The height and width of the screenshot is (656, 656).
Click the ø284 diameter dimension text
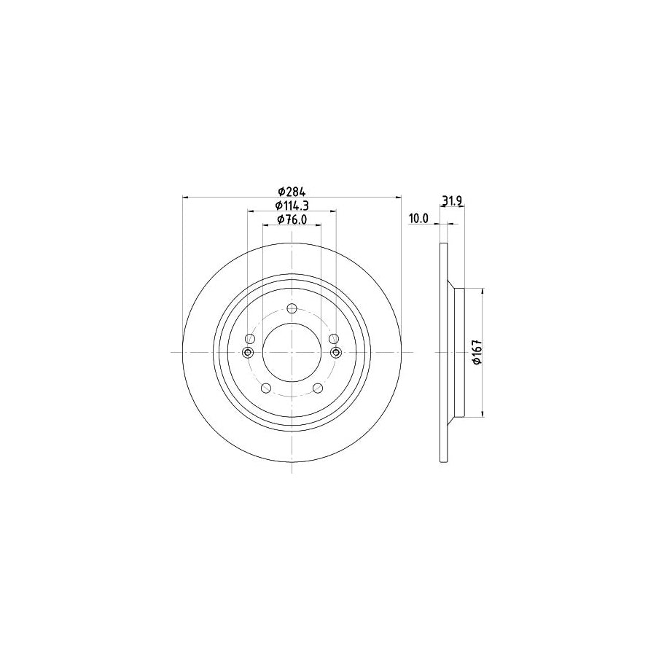(x=292, y=191)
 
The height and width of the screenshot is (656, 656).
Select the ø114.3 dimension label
(x=292, y=206)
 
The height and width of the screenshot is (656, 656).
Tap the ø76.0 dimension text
(x=292, y=219)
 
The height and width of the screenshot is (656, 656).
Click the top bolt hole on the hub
(x=292, y=308)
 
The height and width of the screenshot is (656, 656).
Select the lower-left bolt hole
(x=265, y=388)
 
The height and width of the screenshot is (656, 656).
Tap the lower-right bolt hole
(x=318, y=388)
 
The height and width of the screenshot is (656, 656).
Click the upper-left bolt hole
(x=249, y=339)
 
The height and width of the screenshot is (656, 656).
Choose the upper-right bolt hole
(x=334, y=339)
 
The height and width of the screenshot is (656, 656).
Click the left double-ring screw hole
(x=247, y=353)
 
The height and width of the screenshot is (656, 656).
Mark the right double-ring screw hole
(x=336, y=353)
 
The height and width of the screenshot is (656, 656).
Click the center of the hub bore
(x=292, y=353)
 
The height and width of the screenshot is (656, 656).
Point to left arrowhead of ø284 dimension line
(x=185, y=197)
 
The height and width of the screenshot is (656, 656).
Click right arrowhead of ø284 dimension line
(x=398, y=197)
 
